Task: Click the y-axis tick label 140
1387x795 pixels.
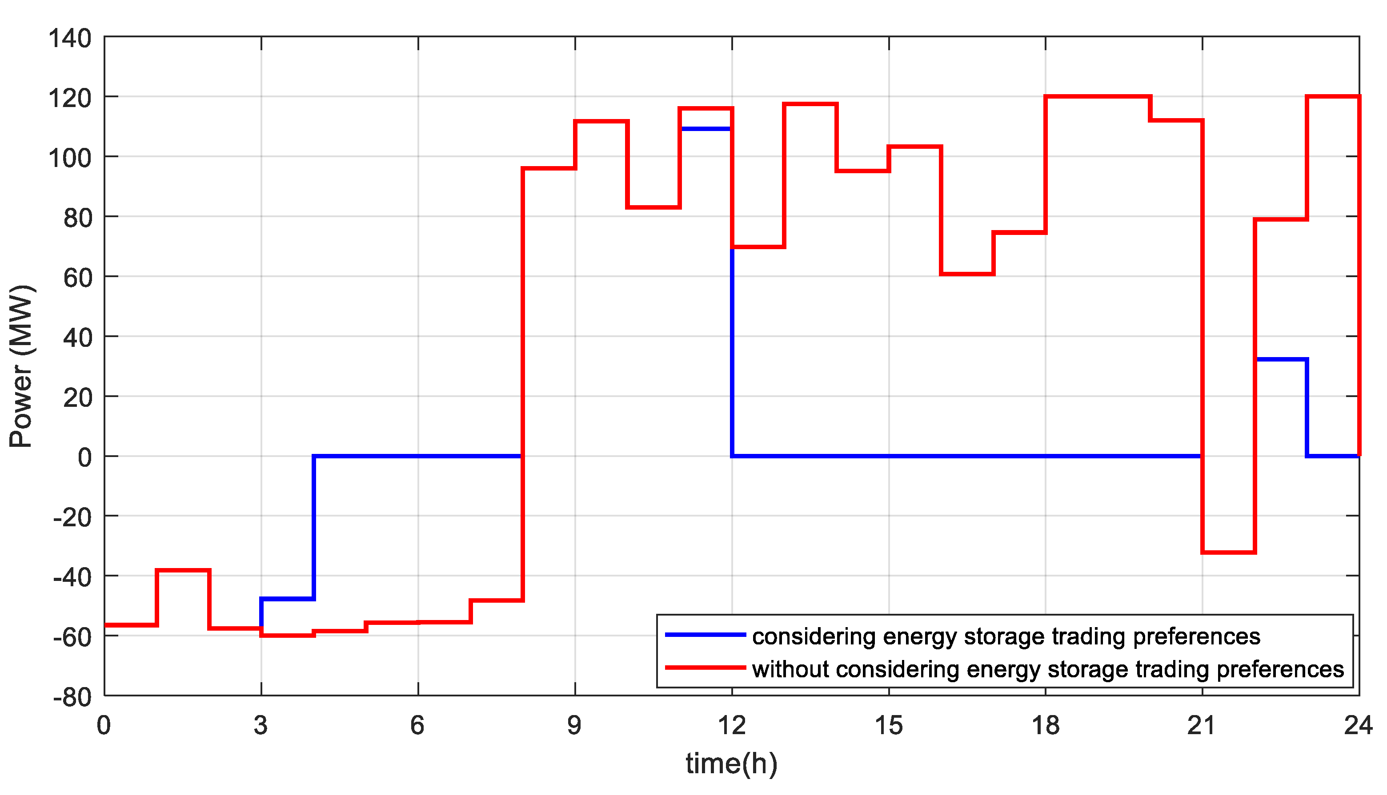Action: (x=70, y=40)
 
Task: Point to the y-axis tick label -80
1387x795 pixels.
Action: (x=72, y=698)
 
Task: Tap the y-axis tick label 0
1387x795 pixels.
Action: (x=85, y=457)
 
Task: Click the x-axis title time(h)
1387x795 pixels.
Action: (x=731, y=763)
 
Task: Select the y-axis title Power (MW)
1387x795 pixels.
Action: (x=22, y=366)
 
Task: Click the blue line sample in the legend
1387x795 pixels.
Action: (x=705, y=635)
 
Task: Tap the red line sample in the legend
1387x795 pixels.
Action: (x=705, y=667)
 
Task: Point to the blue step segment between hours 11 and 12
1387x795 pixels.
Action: (x=706, y=129)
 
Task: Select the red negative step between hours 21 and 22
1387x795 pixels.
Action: (x=1228, y=553)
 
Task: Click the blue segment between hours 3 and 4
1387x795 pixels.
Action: (x=288, y=599)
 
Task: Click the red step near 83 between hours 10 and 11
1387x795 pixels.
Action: (x=653, y=207)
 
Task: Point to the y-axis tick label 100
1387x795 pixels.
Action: (x=70, y=159)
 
